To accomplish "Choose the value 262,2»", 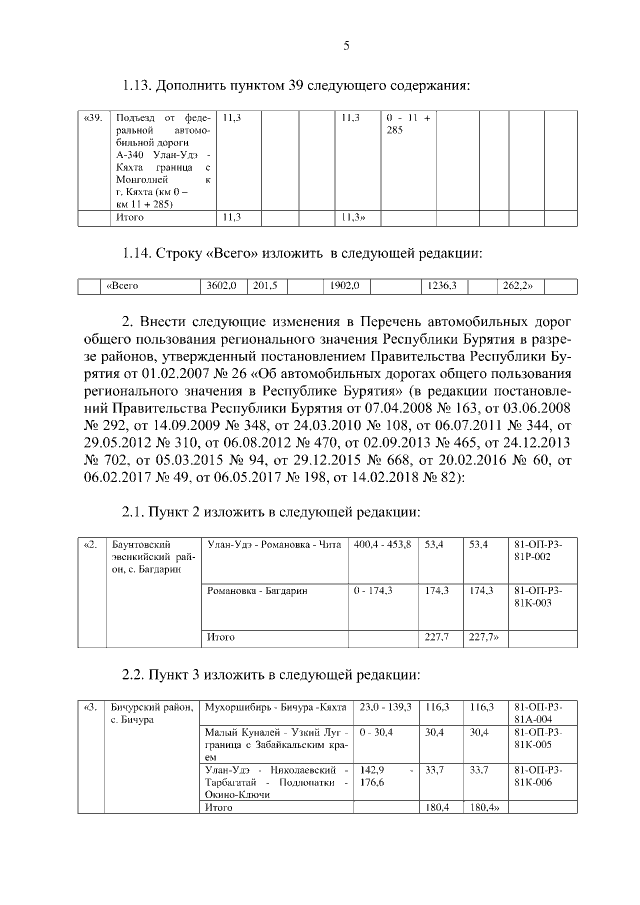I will [x=517, y=286].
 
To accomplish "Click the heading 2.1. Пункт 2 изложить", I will [x=270, y=512].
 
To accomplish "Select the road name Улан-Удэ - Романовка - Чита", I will [x=273, y=545].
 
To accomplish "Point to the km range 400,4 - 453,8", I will [x=381, y=545].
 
